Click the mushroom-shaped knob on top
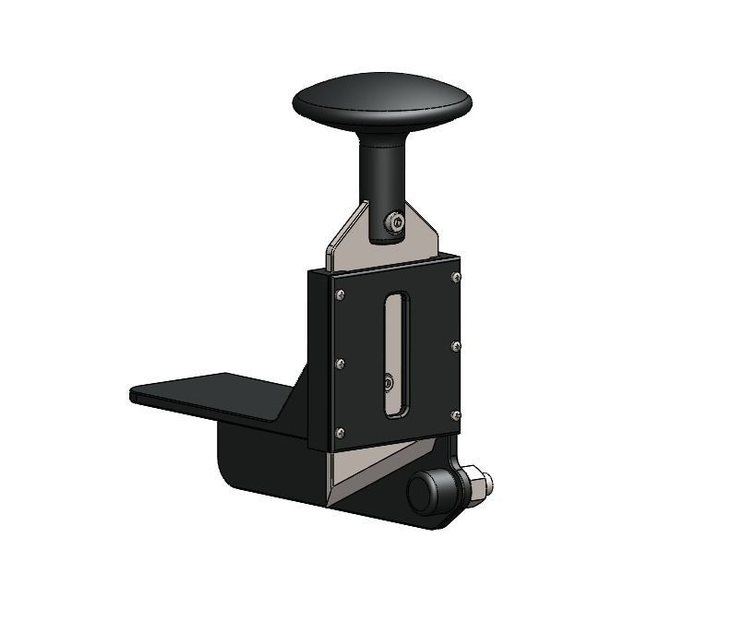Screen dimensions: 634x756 click(382, 100)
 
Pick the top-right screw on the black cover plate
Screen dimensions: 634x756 click(456, 277)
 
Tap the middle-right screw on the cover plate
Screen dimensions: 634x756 click(456, 346)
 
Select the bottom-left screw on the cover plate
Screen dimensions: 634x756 click(341, 432)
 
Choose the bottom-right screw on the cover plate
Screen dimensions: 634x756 click(456, 415)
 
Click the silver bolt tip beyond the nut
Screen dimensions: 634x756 click(487, 482)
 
